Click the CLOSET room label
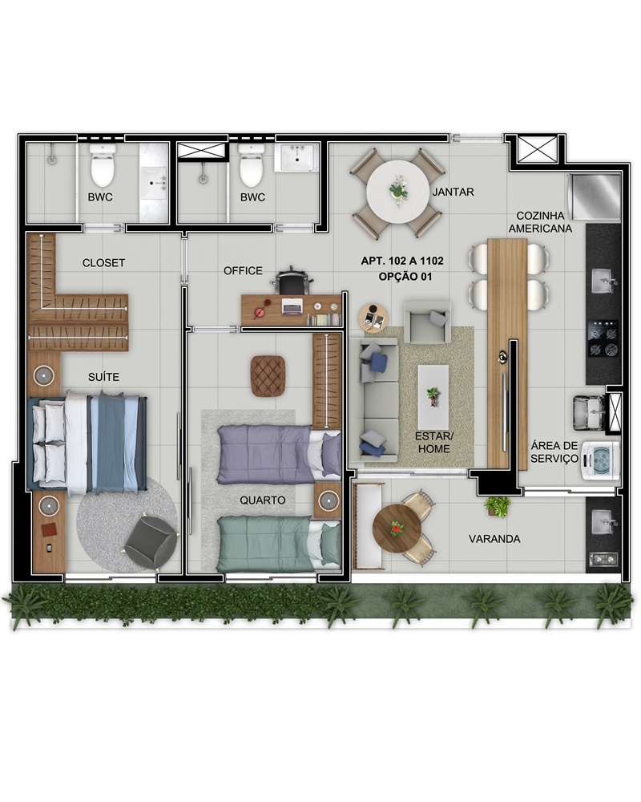pyautogui.click(x=104, y=263)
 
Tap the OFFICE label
pyautogui.click(x=243, y=270)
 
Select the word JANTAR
pyautogui.click(x=453, y=192)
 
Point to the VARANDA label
pyautogui.click(x=494, y=539)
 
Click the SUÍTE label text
pyautogui.click(x=104, y=377)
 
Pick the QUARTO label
pyautogui.click(x=263, y=500)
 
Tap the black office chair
pyautogui.click(x=292, y=281)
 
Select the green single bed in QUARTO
pyautogui.click(x=279, y=544)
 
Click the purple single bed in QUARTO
pyautogui.click(x=279, y=455)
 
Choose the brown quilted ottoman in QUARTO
pyautogui.click(x=268, y=376)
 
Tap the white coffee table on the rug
pyautogui.click(x=433, y=398)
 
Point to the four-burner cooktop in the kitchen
pyautogui.click(x=603, y=338)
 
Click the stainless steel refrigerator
pyautogui.click(x=595, y=197)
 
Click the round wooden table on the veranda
pyautogui.click(x=397, y=529)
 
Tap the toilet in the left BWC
pyautogui.click(x=103, y=164)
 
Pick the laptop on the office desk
pyautogui.click(x=292, y=306)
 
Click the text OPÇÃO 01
pyautogui.click(x=405, y=277)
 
